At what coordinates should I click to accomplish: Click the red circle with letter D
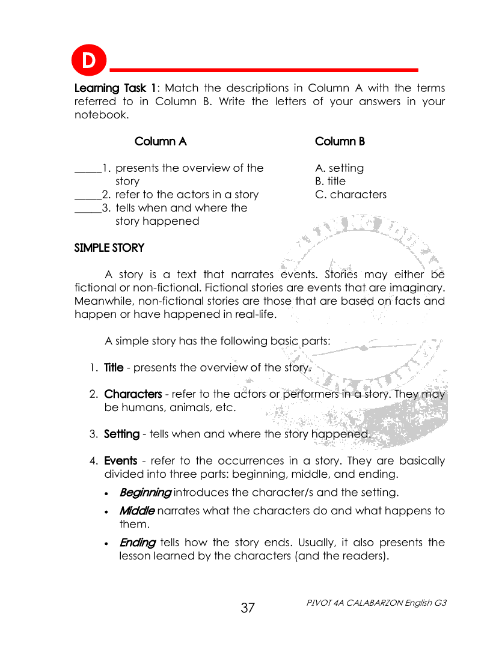click(88, 61)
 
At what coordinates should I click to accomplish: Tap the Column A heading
click(161, 142)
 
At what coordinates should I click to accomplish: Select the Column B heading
click(340, 142)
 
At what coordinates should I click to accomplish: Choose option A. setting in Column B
click(339, 168)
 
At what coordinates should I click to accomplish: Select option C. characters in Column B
click(351, 195)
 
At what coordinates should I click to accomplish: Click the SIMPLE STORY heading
click(109, 248)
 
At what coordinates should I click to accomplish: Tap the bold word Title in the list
click(114, 367)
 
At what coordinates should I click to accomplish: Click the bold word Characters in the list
click(133, 394)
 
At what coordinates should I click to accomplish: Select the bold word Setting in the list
click(121, 434)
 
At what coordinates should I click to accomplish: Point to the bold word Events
click(121, 461)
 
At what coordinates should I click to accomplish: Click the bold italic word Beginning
click(145, 493)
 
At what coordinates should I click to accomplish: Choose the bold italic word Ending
click(138, 543)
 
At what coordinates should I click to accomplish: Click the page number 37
click(248, 608)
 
